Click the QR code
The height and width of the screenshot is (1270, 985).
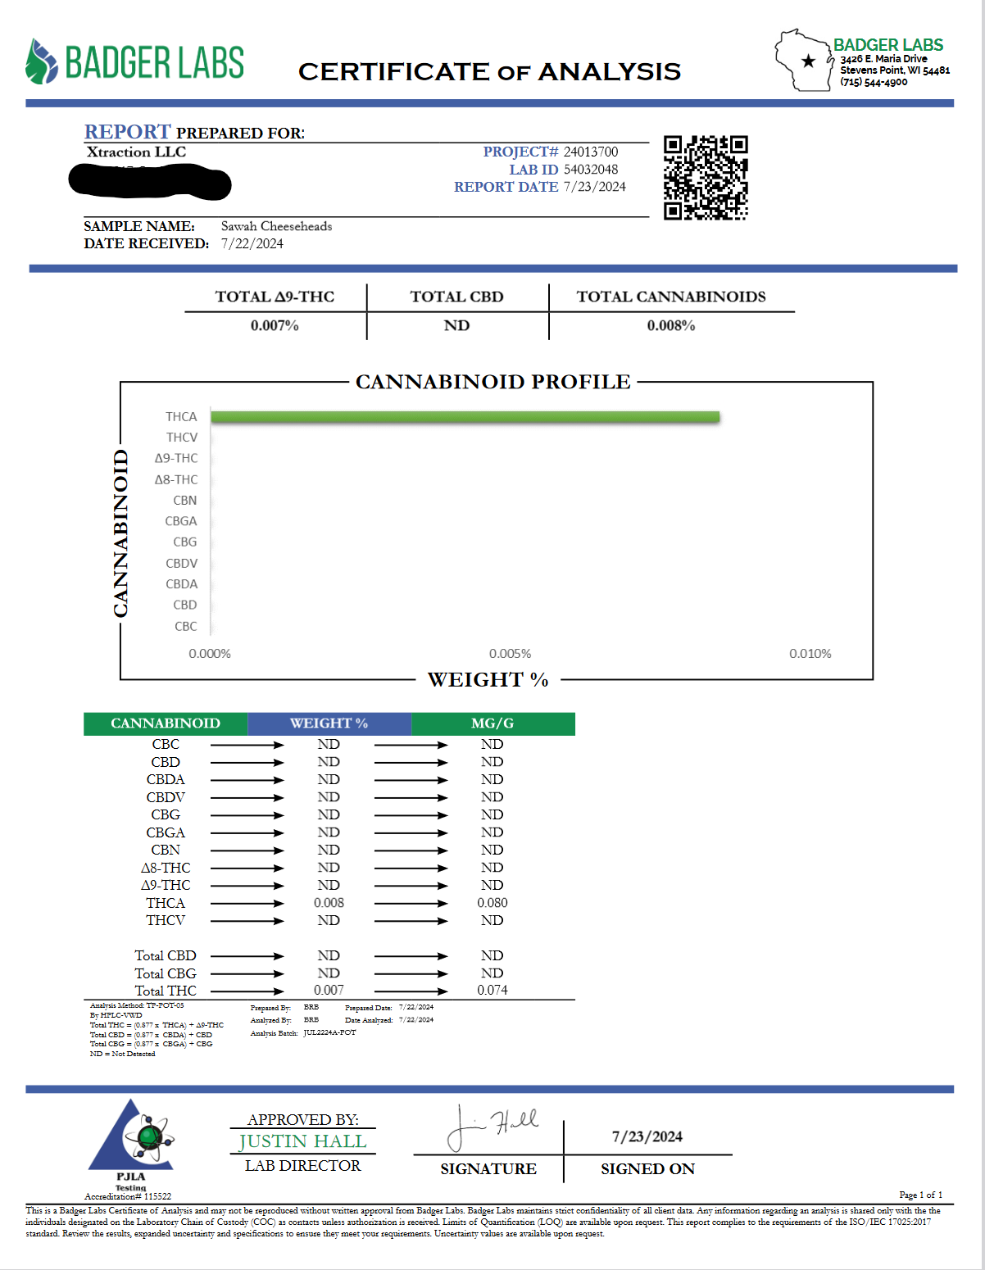click(705, 178)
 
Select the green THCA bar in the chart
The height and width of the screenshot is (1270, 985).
click(465, 417)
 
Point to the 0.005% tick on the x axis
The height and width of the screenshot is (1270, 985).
click(510, 654)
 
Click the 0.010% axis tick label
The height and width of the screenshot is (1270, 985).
click(810, 654)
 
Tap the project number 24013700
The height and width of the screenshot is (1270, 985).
click(591, 152)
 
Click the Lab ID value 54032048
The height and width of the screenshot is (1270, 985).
click(591, 170)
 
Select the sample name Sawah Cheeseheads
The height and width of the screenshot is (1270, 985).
click(276, 226)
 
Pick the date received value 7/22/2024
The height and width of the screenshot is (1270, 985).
click(252, 244)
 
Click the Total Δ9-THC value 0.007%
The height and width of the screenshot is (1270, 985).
click(275, 326)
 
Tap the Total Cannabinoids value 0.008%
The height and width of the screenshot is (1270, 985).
click(671, 326)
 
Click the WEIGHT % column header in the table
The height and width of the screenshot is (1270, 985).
click(329, 723)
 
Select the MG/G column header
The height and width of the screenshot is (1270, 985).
click(493, 723)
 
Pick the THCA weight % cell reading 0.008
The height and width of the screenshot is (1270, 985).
click(329, 903)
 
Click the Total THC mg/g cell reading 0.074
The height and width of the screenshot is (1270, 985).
click(493, 991)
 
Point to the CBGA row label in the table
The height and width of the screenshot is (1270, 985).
click(166, 832)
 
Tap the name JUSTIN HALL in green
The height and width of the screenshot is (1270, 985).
click(302, 1141)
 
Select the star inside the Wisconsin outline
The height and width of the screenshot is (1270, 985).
click(809, 61)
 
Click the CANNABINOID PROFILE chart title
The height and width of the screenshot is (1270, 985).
click(493, 382)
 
